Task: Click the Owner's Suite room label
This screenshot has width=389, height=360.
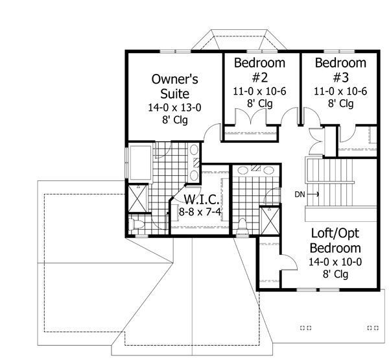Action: point(175,86)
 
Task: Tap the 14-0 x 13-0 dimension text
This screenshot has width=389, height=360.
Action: point(174,108)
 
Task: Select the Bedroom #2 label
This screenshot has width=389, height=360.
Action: point(260,70)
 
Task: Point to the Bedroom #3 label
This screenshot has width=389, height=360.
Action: point(340,70)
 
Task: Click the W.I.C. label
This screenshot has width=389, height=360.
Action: point(202,199)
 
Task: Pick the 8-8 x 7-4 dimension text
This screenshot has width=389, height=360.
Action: point(200,212)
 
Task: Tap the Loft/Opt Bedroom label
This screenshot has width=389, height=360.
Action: point(335,241)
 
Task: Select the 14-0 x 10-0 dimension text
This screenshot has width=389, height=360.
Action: point(335,262)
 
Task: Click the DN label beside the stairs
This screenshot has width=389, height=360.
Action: point(300,195)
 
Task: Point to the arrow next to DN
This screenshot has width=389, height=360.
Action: point(313,194)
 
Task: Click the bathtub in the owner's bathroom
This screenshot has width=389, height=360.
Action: point(141,162)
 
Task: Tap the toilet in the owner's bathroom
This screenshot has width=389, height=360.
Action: point(136,224)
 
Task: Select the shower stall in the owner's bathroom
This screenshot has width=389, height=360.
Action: point(137,198)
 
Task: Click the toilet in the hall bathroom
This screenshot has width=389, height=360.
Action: point(242,226)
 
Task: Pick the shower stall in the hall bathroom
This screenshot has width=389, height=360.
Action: point(270,221)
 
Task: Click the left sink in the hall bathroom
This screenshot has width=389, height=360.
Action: point(243,170)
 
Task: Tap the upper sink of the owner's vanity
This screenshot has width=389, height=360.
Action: point(194,150)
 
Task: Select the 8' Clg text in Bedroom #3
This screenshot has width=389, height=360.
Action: point(340,103)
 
